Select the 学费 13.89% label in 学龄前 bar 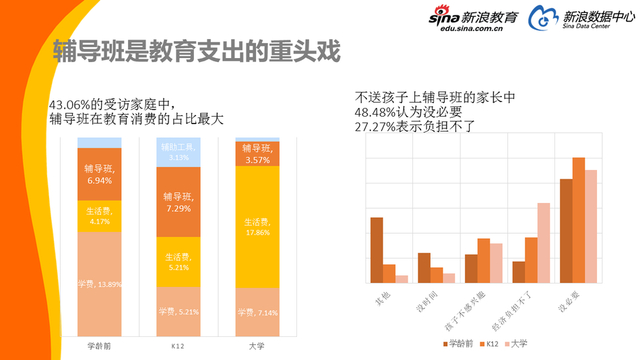pos(98,285)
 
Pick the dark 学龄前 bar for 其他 pos(376,251)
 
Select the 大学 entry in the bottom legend pos(515,344)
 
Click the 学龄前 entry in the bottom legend pos(454,344)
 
